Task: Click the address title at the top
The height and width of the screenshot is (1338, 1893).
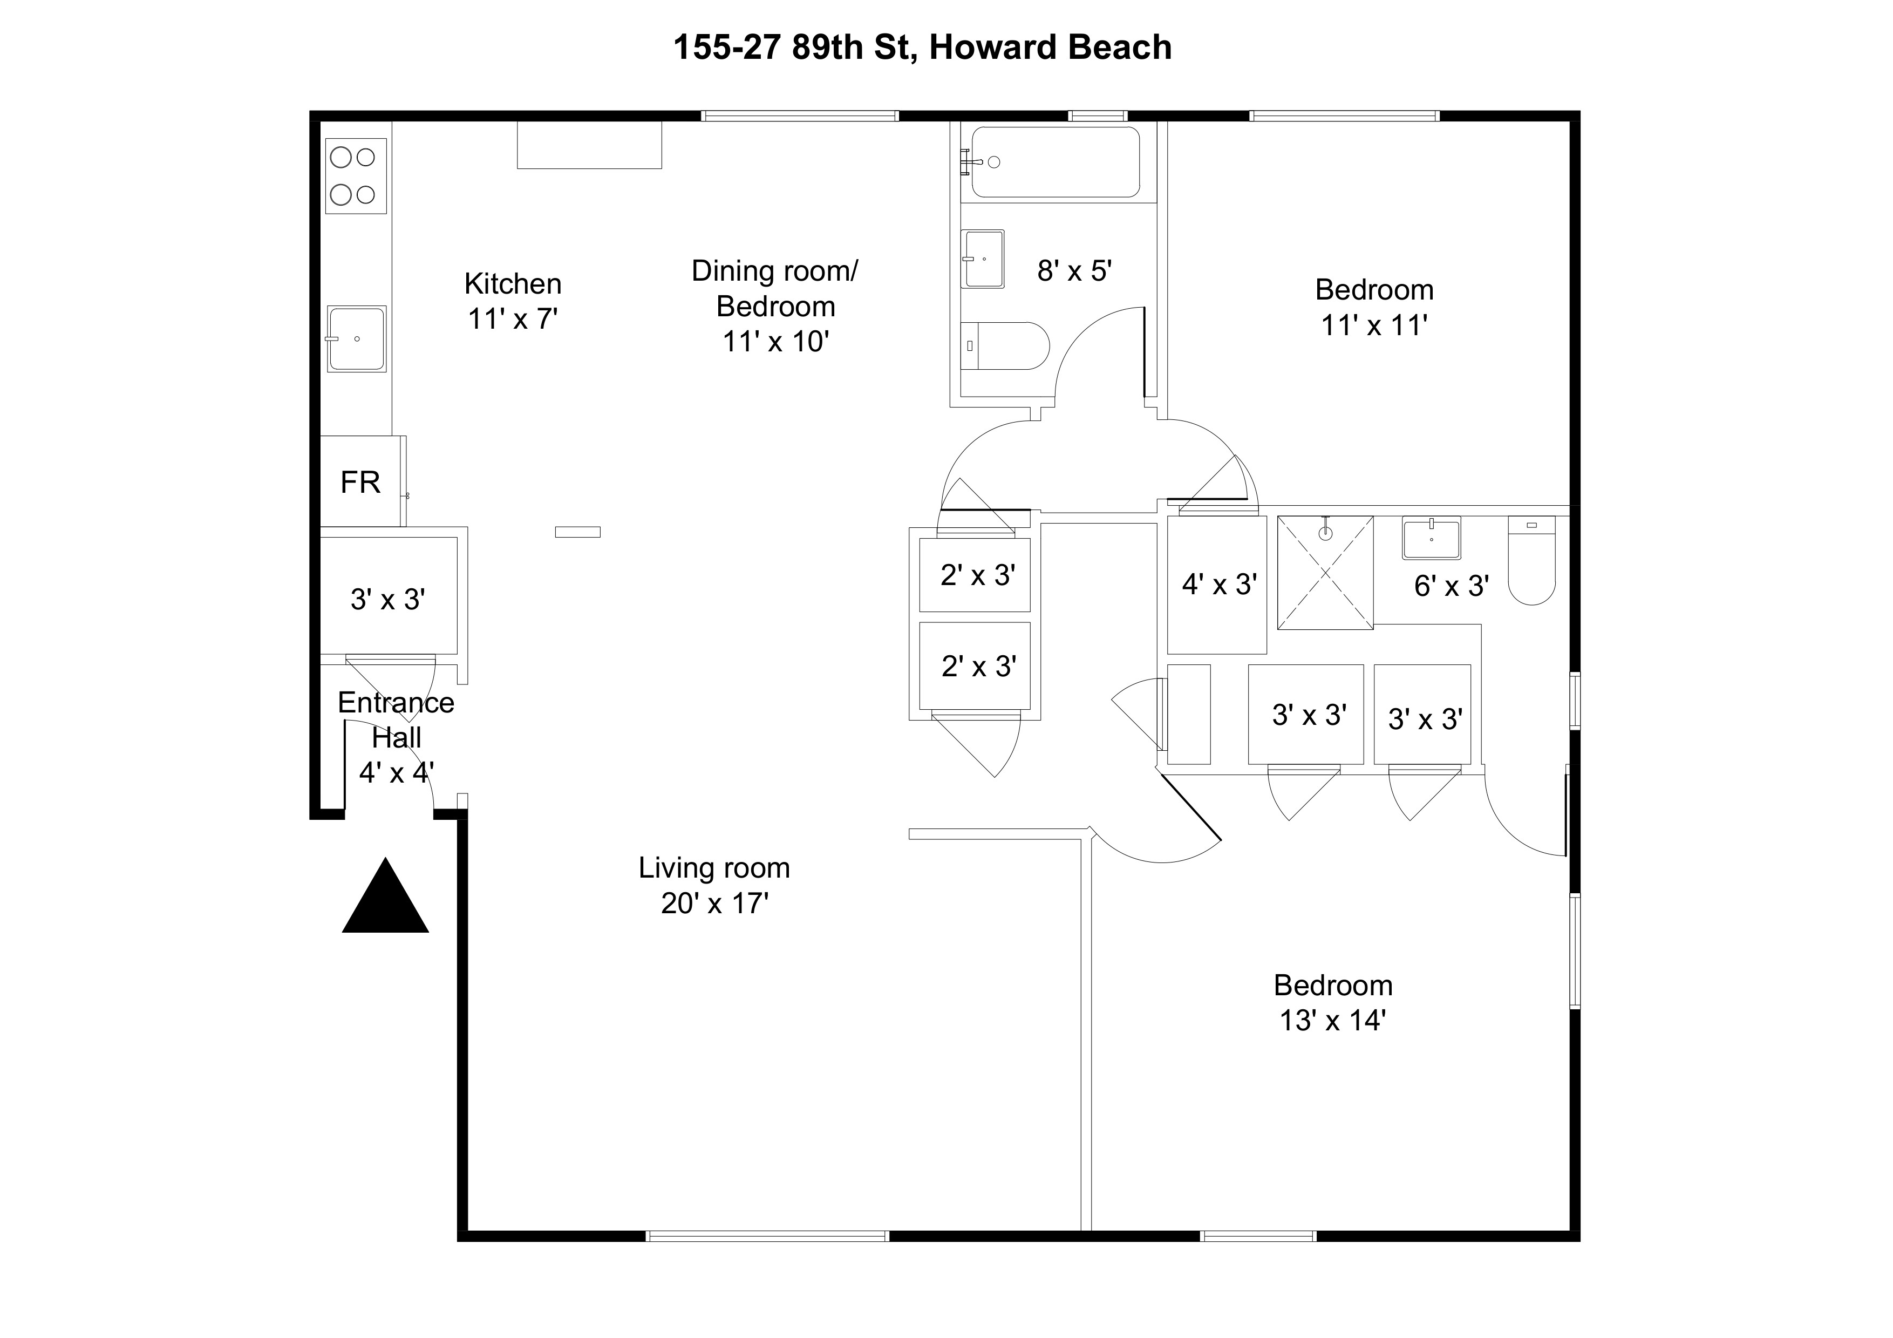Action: (922, 47)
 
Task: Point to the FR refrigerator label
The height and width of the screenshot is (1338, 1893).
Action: (360, 483)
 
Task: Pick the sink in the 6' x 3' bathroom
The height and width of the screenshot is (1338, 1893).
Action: (1431, 538)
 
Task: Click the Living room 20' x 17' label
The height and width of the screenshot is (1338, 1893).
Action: (714, 885)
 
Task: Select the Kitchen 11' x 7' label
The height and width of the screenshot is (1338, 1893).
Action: (513, 301)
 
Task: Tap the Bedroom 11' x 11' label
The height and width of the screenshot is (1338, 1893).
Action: (1373, 308)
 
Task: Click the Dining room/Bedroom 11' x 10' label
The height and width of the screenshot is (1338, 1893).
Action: (775, 306)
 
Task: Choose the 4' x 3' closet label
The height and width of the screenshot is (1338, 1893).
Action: (1218, 585)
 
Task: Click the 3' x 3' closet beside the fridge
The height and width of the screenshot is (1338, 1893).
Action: (387, 599)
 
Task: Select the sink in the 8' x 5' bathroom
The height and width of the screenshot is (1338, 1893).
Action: (984, 259)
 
